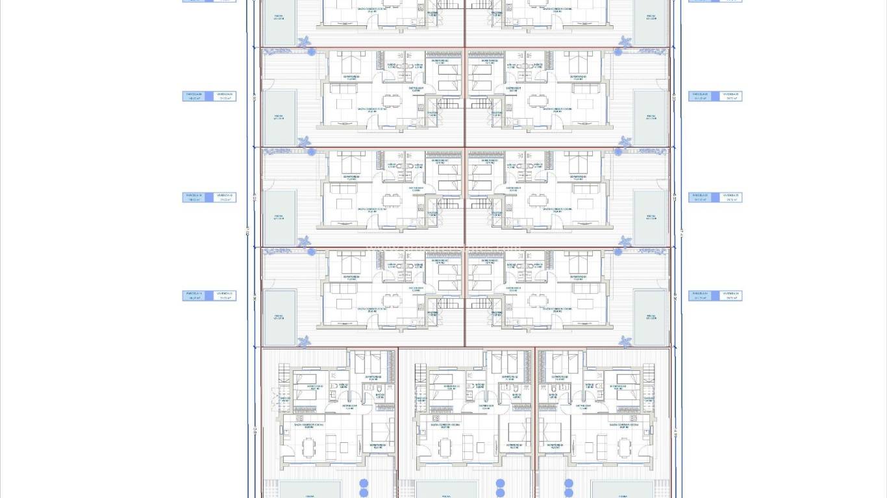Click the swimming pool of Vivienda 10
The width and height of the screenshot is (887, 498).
[279, 217]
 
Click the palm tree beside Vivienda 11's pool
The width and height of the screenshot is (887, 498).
[304, 340]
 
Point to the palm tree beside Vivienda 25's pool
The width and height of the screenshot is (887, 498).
[625, 241]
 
